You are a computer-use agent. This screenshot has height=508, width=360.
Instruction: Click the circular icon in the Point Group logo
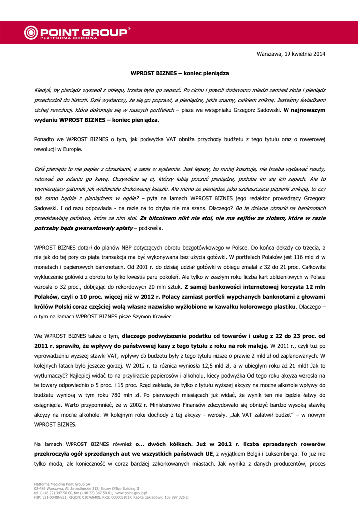click(x=31, y=33)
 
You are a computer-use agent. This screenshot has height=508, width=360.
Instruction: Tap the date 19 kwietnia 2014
click(x=301, y=53)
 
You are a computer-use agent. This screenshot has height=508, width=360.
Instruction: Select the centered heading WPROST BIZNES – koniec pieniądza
click(x=180, y=73)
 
